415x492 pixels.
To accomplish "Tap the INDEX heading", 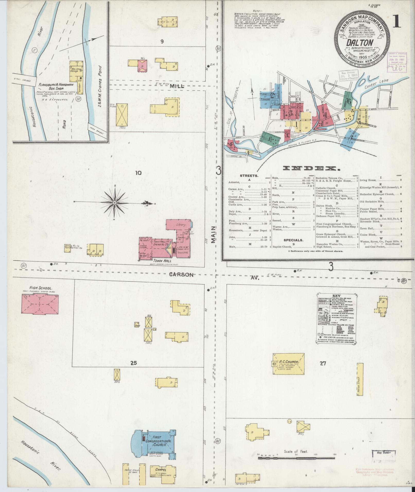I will (312, 169).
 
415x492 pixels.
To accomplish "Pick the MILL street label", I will (177, 87).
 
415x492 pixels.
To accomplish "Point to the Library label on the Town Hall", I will (181, 225).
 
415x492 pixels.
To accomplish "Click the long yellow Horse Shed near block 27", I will (360, 383).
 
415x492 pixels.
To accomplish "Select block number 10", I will (138, 173).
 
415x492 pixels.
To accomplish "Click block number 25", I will (133, 363).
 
